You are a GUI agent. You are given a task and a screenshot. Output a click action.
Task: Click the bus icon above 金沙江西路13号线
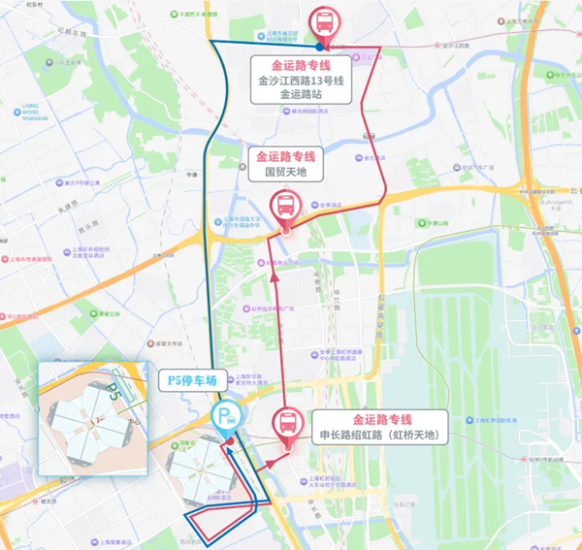click(322, 21)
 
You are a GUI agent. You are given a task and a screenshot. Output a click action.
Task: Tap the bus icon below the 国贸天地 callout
click(285, 206)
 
